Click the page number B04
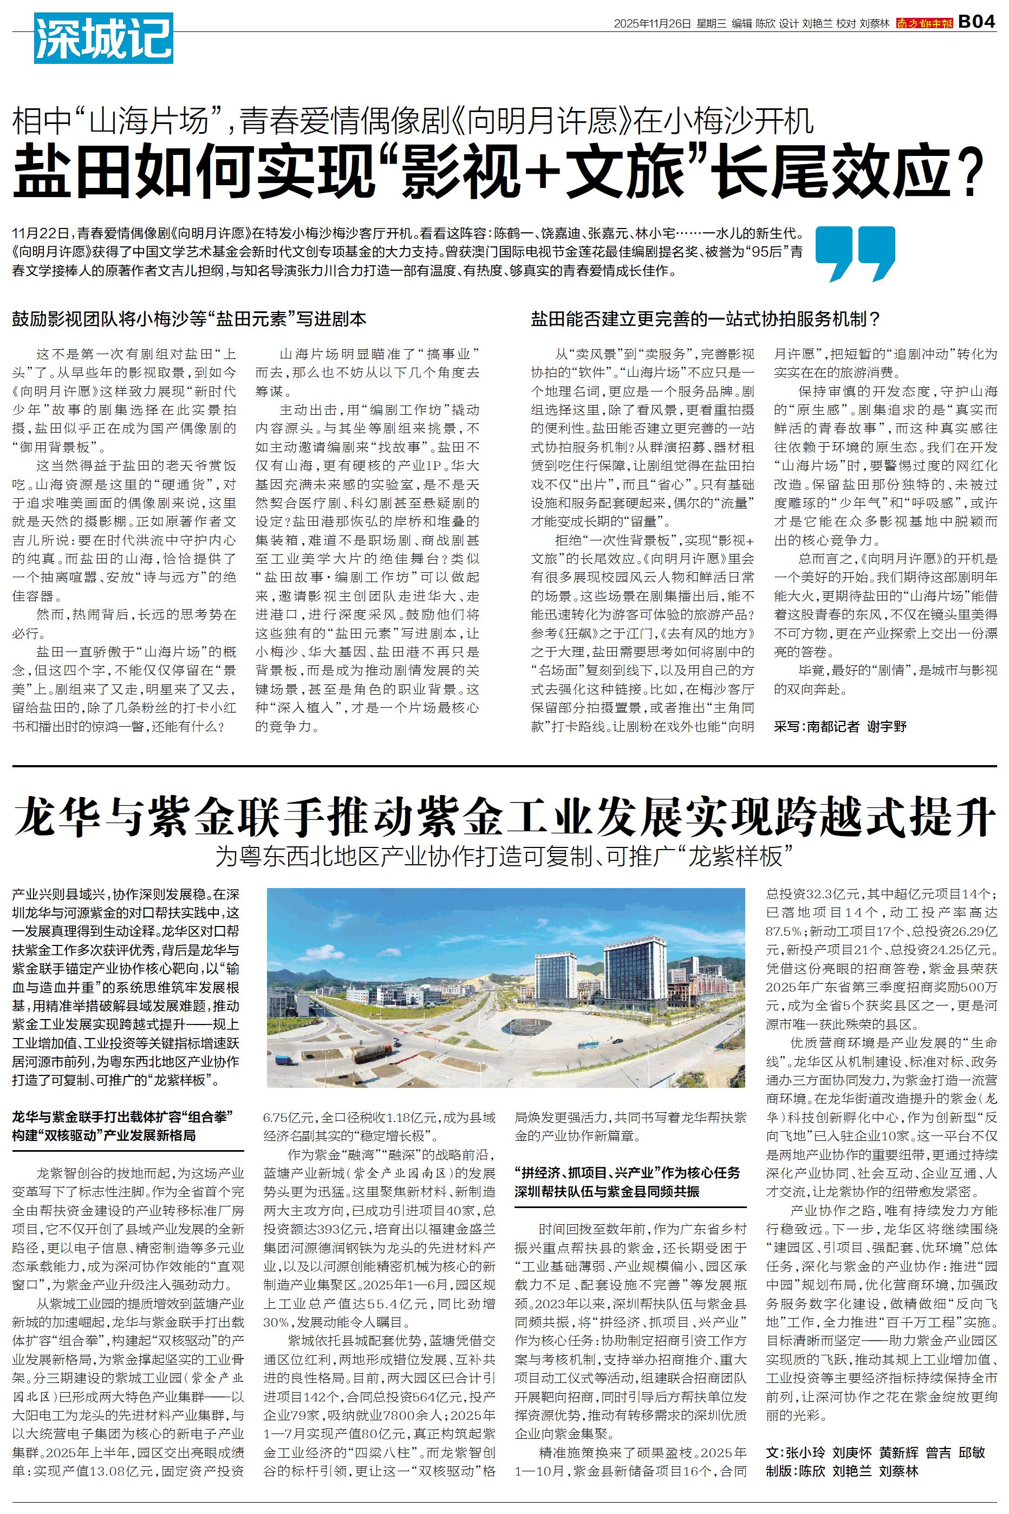pos(977,23)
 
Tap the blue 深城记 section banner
pos(103,38)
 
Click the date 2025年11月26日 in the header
pos(651,24)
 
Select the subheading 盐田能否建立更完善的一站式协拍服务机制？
pos(705,318)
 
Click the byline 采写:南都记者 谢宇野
pos(840,726)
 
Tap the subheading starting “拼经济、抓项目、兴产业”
pos(627,1172)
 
